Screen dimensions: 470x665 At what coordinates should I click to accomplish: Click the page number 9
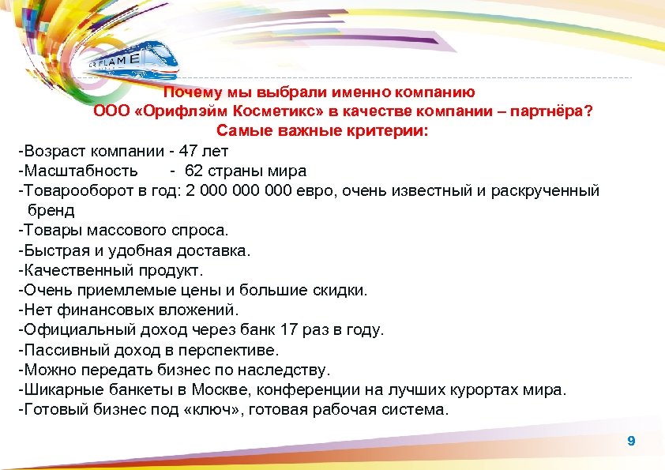[630, 441]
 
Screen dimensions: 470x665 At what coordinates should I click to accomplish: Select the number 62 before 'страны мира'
[194, 171]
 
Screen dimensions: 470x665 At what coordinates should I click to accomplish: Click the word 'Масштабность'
[80, 171]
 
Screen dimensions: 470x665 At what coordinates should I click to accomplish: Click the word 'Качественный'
[76, 270]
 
